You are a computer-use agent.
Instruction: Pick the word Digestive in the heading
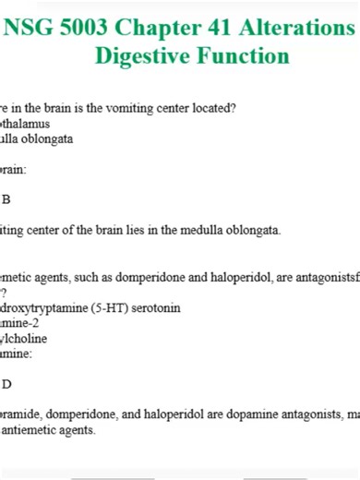click(x=143, y=55)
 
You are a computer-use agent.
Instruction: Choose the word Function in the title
click(x=243, y=55)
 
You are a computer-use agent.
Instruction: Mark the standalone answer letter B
click(x=6, y=199)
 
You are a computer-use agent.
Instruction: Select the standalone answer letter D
click(x=6, y=384)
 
